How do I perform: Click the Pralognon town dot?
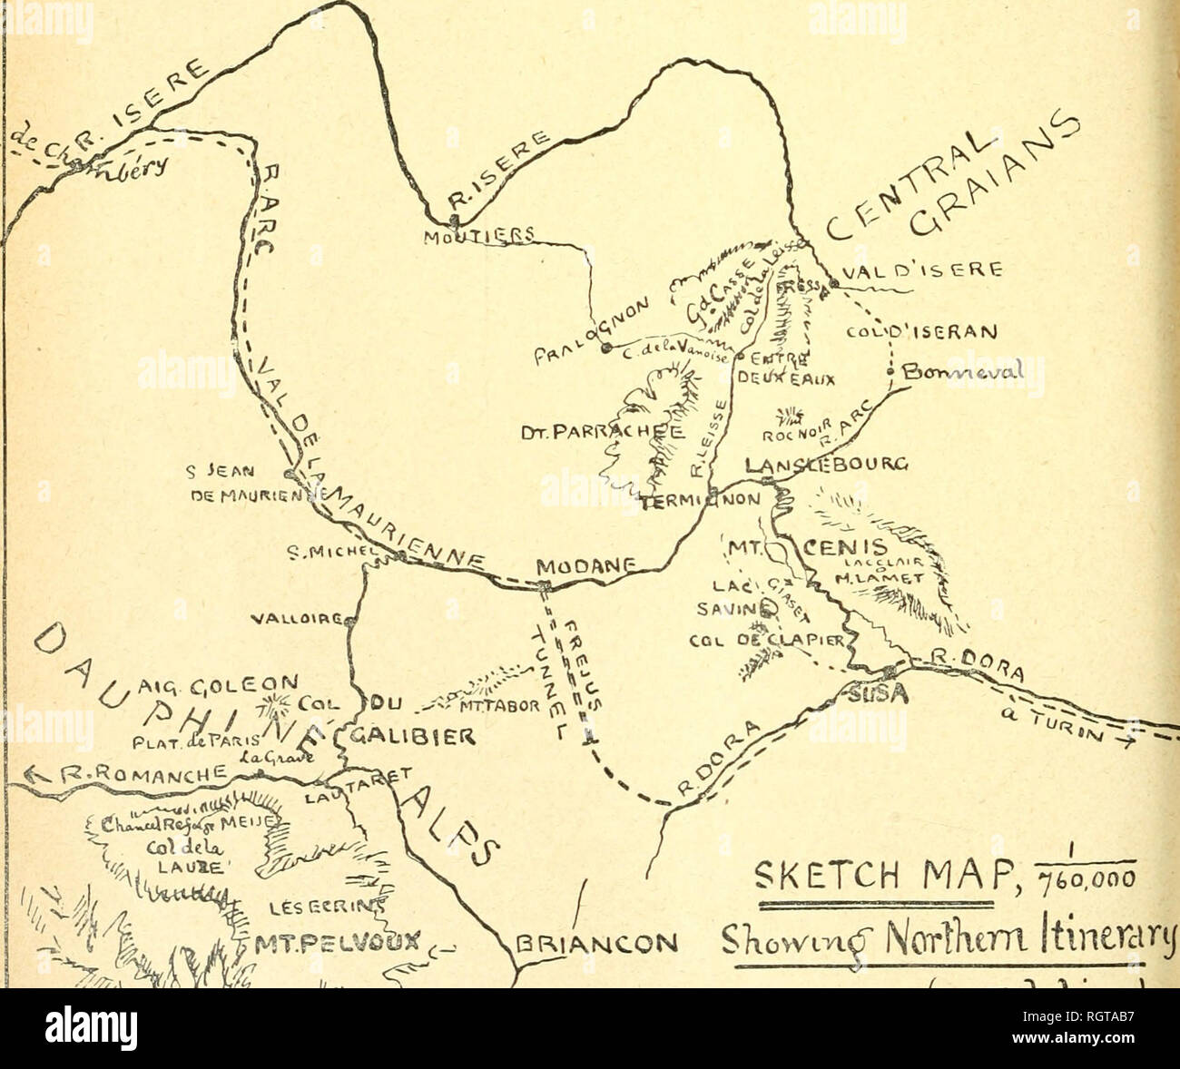605,348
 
